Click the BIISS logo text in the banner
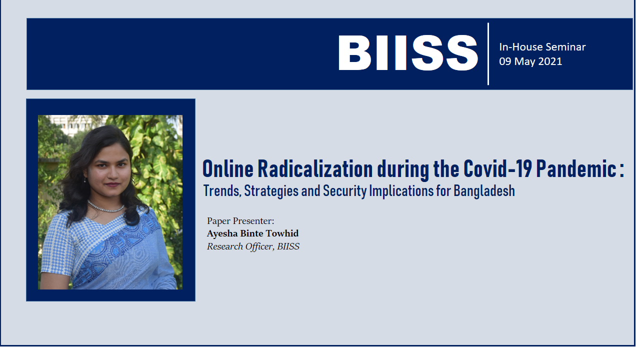pos(407,53)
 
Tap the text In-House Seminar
pos(542,47)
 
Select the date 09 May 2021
pos(530,61)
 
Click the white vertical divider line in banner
pos(488,53)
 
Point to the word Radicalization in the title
pos(315,169)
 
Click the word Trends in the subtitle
pos(222,191)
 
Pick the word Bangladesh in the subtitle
pos(484,191)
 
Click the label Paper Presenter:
pos(240,221)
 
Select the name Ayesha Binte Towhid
pos(252,233)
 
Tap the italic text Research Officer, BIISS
pos(253,246)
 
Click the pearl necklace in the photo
pos(105,206)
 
